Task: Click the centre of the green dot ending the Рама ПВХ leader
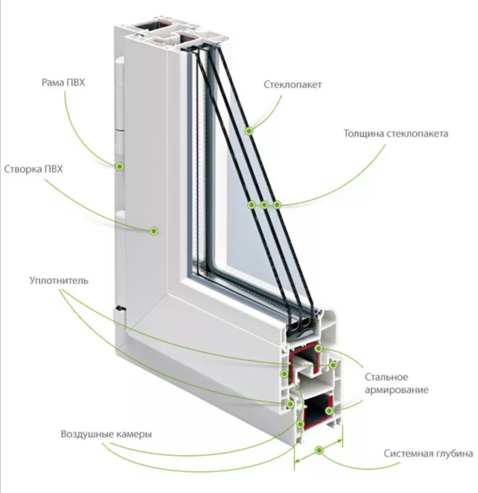(x=119, y=167)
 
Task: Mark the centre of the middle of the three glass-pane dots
(x=264, y=205)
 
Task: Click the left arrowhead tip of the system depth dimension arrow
(x=295, y=461)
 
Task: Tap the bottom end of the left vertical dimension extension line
(x=294, y=471)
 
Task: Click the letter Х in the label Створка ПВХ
(x=59, y=169)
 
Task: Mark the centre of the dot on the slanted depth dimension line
(x=319, y=451)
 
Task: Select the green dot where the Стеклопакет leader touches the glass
(x=249, y=131)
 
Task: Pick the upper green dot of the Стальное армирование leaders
(x=318, y=348)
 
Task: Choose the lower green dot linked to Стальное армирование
(x=329, y=411)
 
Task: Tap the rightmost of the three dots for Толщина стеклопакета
(x=277, y=205)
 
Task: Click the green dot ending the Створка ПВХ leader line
(x=154, y=231)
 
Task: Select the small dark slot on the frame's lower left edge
(x=120, y=309)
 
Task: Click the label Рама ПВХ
(x=64, y=83)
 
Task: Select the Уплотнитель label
(x=59, y=281)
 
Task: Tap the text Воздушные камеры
(x=106, y=434)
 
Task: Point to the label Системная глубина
(x=428, y=453)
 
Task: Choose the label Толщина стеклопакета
(x=396, y=133)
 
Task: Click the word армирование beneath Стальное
(x=397, y=390)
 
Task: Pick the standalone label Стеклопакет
(x=292, y=85)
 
